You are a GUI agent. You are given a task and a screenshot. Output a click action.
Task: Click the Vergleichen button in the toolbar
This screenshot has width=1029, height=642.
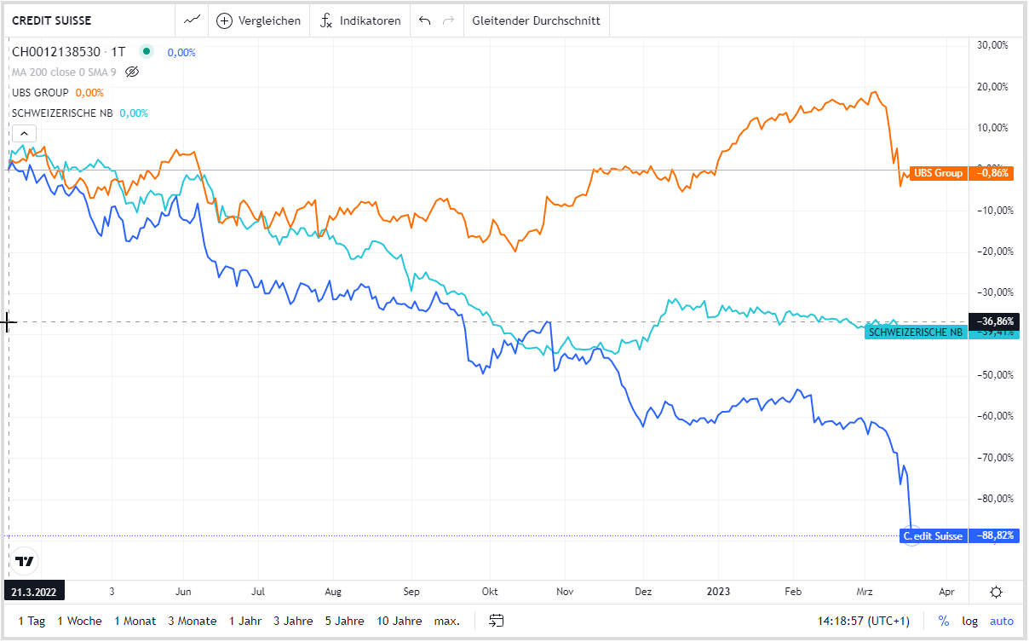click(x=259, y=20)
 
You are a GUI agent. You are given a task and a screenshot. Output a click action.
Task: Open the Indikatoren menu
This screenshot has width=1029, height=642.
click(x=359, y=20)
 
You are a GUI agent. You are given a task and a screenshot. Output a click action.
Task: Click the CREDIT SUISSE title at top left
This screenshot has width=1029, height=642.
click(x=52, y=20)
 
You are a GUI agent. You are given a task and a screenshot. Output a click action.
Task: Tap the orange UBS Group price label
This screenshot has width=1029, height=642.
click(x=938, y=173)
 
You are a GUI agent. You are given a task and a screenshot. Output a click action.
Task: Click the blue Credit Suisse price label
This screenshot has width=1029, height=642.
click(x=933, y=536)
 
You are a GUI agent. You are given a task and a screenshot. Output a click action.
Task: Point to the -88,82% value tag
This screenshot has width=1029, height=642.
click(x=994, y=536)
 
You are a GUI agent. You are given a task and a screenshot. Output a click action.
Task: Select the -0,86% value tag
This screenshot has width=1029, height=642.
click(x=994, y=173)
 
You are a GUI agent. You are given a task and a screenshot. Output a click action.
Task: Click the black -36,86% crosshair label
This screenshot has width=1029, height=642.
click(x=994, y=321)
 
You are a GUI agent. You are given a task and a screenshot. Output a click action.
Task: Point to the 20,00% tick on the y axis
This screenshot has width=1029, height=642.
click(x=992, y=86)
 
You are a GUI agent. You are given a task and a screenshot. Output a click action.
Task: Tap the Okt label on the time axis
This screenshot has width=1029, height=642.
click(x=490, y=591)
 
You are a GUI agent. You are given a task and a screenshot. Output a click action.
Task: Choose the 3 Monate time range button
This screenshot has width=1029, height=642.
click(x=193, y=621)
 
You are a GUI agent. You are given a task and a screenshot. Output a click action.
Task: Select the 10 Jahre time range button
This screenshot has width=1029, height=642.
click(x=400, y=621)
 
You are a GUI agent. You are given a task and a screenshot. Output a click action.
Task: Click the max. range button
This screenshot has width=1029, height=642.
click(x=446, y=621)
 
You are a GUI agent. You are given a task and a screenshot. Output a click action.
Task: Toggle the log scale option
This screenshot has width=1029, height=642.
click(x=969, y=621)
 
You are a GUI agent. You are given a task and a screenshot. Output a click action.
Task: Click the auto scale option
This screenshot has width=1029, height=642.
click(x=1001, y=621)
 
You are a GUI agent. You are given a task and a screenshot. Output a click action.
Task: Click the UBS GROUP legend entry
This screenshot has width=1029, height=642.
click(x=41, y=93)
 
